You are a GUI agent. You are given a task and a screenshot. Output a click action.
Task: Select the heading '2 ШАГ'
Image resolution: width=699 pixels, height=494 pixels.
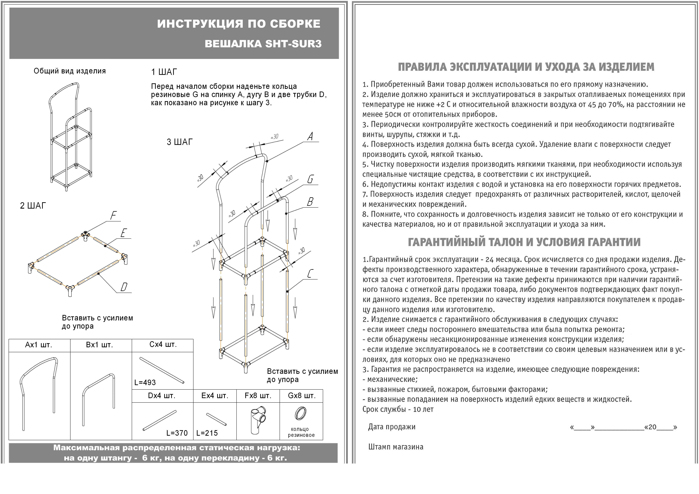click(33, 206)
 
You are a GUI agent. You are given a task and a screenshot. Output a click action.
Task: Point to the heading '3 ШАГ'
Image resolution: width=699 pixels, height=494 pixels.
click(180, 142)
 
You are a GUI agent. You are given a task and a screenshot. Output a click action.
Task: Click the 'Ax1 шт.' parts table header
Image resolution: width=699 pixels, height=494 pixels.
click(39, 345)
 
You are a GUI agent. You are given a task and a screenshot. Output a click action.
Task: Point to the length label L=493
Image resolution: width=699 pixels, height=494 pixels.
click(145, 382)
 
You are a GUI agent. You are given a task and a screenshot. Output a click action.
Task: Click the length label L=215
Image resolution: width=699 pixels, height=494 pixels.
click(207, 433)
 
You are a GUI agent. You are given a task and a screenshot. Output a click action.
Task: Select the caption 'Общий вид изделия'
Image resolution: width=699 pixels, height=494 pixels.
click(70, 71)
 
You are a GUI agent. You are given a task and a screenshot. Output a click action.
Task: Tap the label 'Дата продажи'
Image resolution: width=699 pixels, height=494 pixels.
click(392, 427)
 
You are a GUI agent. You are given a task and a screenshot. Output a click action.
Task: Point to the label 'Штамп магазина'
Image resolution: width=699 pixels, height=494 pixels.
click(396, 447)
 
